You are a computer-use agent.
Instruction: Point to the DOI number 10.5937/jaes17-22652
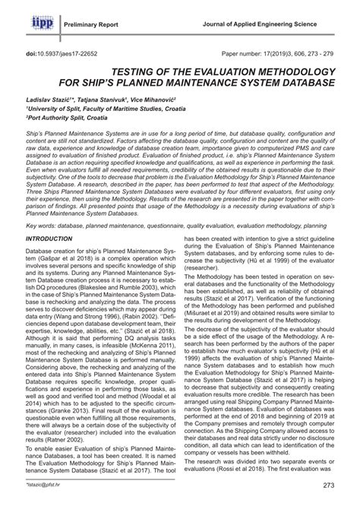76,54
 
